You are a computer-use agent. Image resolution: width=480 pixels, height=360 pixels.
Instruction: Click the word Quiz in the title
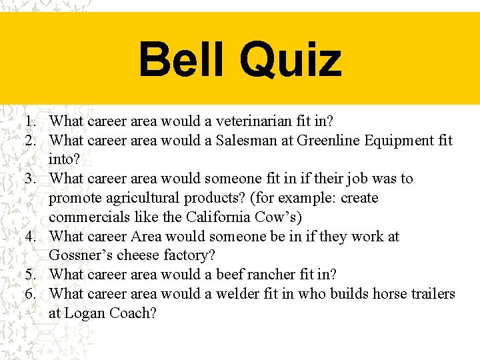click(x=291, y=59)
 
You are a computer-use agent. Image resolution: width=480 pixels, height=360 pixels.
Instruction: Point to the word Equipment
click(x=393, y=141)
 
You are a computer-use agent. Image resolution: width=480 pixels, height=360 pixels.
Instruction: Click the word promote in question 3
click(x=75, y=198)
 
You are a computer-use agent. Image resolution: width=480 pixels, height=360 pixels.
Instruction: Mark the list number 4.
click(x=31, y=237)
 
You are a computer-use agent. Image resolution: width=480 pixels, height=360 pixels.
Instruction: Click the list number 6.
click(x=31, y=294)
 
